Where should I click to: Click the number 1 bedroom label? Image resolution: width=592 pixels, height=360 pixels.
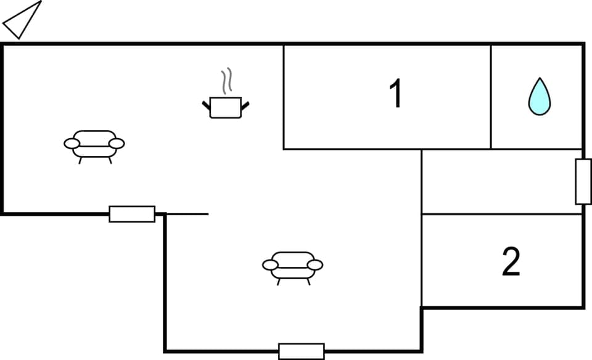(x=395, y=94)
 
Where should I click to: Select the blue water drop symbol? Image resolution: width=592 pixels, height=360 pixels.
(x=539, y=97)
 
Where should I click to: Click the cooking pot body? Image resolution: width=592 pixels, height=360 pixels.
(x=225, y=108)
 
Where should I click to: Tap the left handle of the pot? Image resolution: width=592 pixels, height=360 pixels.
(x=207, y=105)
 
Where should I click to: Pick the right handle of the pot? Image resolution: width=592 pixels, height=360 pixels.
(x=245, y=105)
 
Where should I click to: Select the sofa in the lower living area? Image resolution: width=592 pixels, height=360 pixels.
(x=292, y=266)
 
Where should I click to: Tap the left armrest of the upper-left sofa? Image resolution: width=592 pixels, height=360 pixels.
(x=72, y=144)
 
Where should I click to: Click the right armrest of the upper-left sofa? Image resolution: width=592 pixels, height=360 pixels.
(x=117, y=144)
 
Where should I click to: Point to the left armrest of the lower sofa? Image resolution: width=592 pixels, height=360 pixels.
(x=270, y=265)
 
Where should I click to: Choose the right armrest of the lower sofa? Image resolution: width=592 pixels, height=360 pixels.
(x=315, y=265)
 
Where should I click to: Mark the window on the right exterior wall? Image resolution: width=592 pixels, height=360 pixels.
(x=583, y=181)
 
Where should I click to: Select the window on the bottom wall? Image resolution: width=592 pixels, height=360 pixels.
(x=301, y=351)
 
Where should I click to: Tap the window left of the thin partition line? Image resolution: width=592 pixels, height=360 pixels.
(x=132, y=214)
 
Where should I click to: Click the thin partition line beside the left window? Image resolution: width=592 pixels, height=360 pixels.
(x=188, y=214)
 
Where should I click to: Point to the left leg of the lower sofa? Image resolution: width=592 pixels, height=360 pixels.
(x=279, y=282)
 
